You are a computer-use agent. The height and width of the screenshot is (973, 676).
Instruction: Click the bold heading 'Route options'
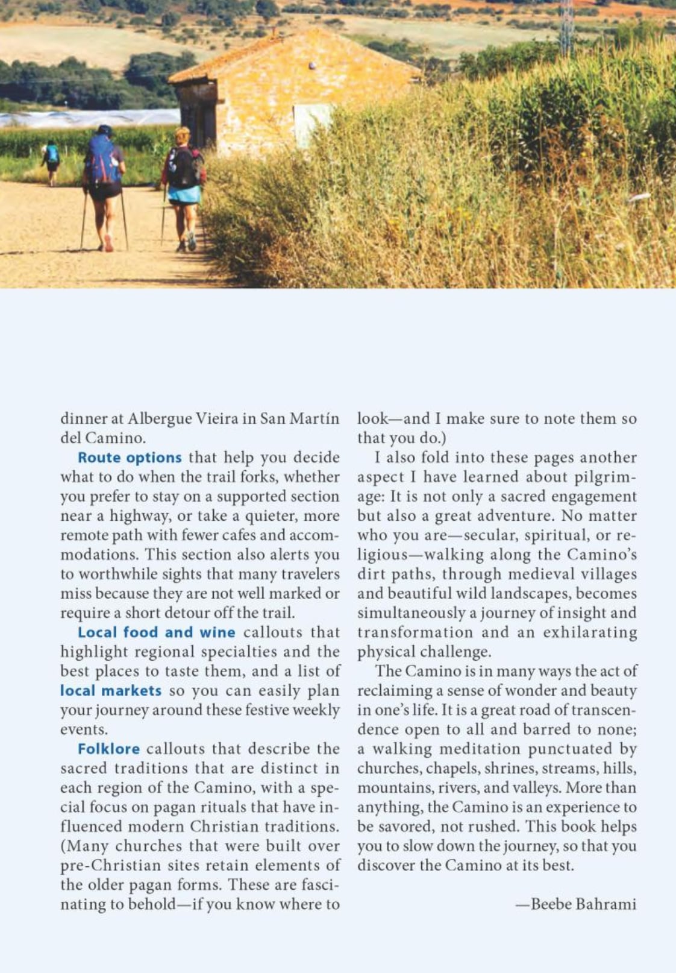click(x=130, y=458)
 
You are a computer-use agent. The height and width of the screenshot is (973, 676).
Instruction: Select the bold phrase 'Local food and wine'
click(x=156, y=632)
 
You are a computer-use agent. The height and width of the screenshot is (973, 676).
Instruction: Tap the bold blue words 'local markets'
click(x=111, y=690)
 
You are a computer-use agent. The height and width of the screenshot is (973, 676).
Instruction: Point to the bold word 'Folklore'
click(x=108, y=749)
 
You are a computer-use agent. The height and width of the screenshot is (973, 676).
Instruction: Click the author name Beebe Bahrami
click(x=583, y=904)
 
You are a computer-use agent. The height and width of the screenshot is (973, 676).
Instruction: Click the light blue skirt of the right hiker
click(x=184, y=194)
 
